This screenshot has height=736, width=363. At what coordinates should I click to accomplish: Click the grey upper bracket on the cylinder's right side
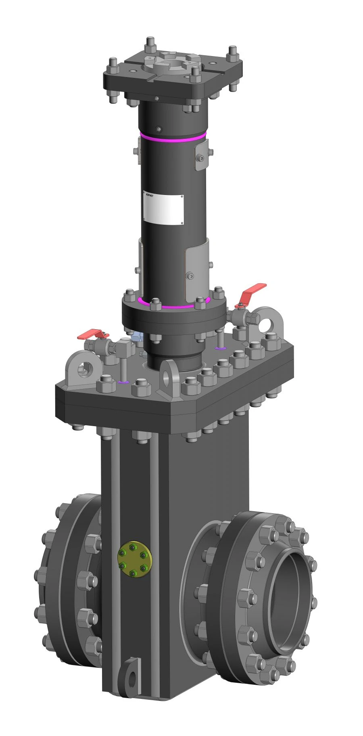(x=201, y=155)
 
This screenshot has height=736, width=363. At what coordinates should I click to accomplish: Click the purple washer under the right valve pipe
(x=220, y=348)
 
